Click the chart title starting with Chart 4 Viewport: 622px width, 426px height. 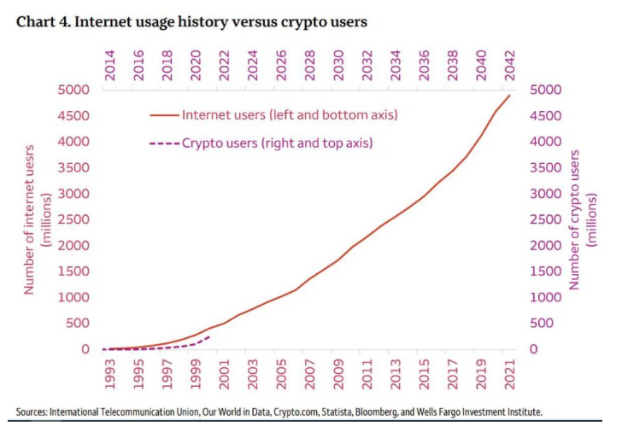pyautogui.click(x=191, y=22)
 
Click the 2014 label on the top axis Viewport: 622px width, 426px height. pyautogui.click(x=110, y=66)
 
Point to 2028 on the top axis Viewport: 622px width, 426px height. pyautogui.click(x=310, y=66)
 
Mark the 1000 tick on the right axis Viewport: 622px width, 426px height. pyautogui.click(x=547, y=297)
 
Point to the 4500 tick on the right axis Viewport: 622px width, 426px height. pyautogui.click(x=547, y=115)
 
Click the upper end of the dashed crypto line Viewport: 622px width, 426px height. pyautogui.click(x=210, y=336)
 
